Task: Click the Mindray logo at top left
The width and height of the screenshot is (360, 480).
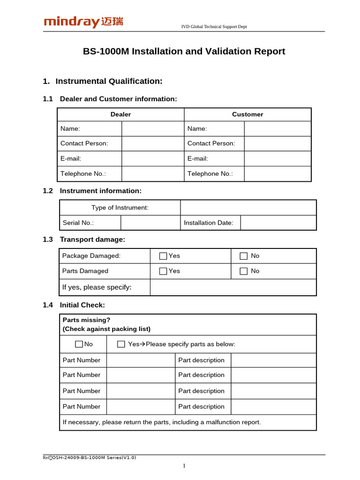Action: click(83, 22)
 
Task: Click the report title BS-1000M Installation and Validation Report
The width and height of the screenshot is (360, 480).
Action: click(184, 52)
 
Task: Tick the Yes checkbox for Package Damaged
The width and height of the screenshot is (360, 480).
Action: click(163, 256)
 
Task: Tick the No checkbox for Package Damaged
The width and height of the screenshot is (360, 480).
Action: click(244, 256)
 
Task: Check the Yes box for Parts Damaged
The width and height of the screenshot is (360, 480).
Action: click(163, 271)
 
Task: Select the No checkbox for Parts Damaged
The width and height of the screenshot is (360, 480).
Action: click(244, 271)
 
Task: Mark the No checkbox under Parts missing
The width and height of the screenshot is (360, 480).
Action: click(79, 344)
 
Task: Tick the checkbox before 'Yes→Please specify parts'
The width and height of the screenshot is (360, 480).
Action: click(121, 344)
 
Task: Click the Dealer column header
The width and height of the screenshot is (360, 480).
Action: click(120, 114)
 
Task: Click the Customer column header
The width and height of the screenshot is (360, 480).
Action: click(247, 114)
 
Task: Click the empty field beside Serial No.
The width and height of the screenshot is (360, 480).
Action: click(150, 223)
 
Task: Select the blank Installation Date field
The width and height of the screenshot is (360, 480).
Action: click(278, 223)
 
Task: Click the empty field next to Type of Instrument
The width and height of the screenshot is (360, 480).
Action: click(248, 208)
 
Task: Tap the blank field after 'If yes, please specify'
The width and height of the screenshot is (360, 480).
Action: click(233, 287)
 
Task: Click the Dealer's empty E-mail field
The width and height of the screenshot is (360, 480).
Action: click(153, 158)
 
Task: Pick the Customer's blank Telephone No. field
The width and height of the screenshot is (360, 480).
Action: click(277, 174)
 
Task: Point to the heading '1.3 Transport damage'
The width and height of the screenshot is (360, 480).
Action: click(84, 240)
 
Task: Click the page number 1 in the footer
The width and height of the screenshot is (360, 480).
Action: click(184, 465)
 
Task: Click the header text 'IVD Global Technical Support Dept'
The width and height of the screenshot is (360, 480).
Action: click(214, 27)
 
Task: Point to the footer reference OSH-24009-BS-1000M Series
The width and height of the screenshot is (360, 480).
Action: click(90, 457)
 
